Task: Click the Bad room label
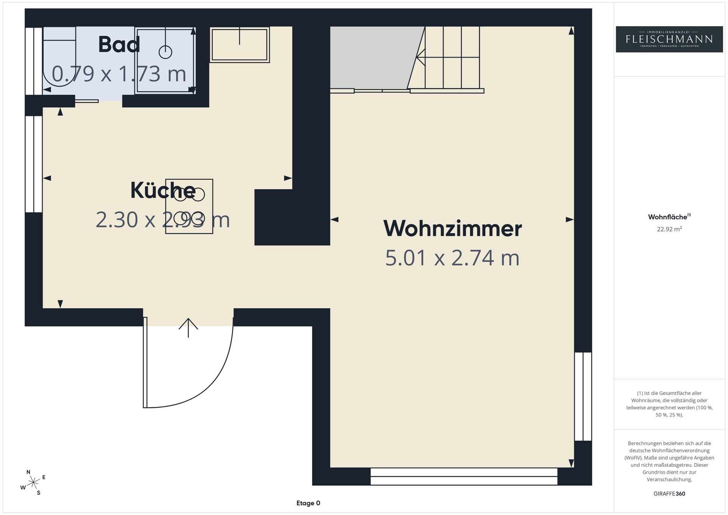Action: tap(119, 45)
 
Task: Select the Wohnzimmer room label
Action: tap(452, 228)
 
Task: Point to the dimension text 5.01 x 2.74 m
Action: tap(452, 258)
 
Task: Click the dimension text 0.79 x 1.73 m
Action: tap(119, 74)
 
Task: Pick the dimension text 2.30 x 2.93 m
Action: tap(163, 220)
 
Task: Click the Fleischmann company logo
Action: tap(669, 39)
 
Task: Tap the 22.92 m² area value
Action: tap(669, 229)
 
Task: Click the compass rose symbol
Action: tap(34, 482)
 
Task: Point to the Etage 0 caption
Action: tap(308, 503)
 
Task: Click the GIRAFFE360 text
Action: tap(669, 494)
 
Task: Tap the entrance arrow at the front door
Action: tap(188, 328)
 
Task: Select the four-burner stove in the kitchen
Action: tap(189, 206)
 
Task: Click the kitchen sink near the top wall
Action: tap(240, 44)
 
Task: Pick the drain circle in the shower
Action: tap(165, 52)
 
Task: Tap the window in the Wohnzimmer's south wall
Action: tap(464, 476)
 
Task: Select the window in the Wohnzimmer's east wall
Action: tap(583, 396)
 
